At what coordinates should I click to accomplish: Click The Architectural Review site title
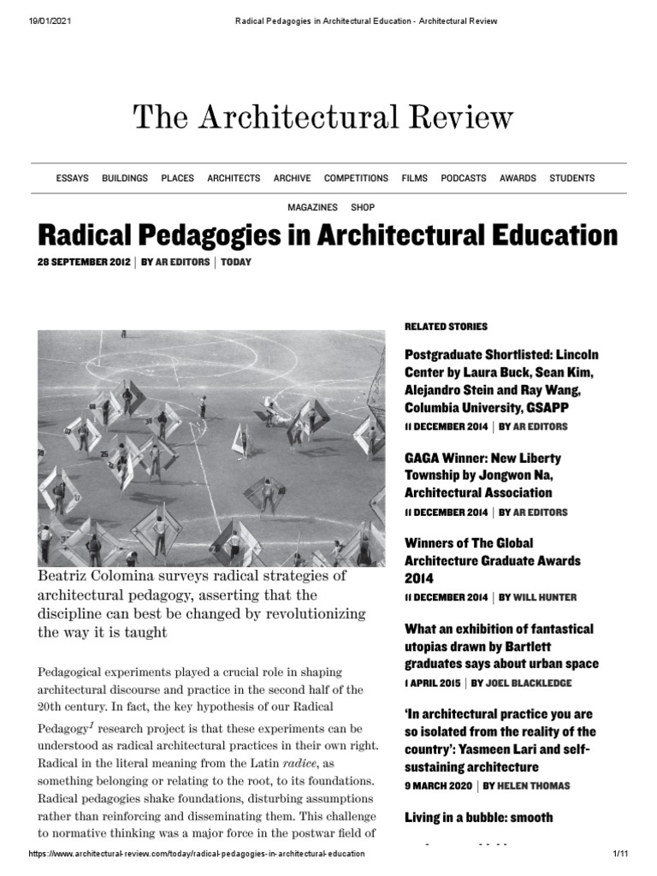pos(323,117)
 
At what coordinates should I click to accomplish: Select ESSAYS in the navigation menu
pos(72,178)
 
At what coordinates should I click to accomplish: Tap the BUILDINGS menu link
pos(125,178)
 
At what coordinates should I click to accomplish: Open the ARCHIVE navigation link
pos(292,178)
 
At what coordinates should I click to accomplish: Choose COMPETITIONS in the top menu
pos(356,178)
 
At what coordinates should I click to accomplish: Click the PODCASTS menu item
pos(463,178)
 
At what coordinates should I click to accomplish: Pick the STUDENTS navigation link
pos(571,178)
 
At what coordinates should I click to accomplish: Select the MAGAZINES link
pos(311,208)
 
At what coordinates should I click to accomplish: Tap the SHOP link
pos(363,208)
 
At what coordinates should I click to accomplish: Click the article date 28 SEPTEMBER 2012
pos(84,262)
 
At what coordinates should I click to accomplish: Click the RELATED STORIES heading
pos(445,327)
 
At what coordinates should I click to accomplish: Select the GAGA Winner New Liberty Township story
pos(482,476)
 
